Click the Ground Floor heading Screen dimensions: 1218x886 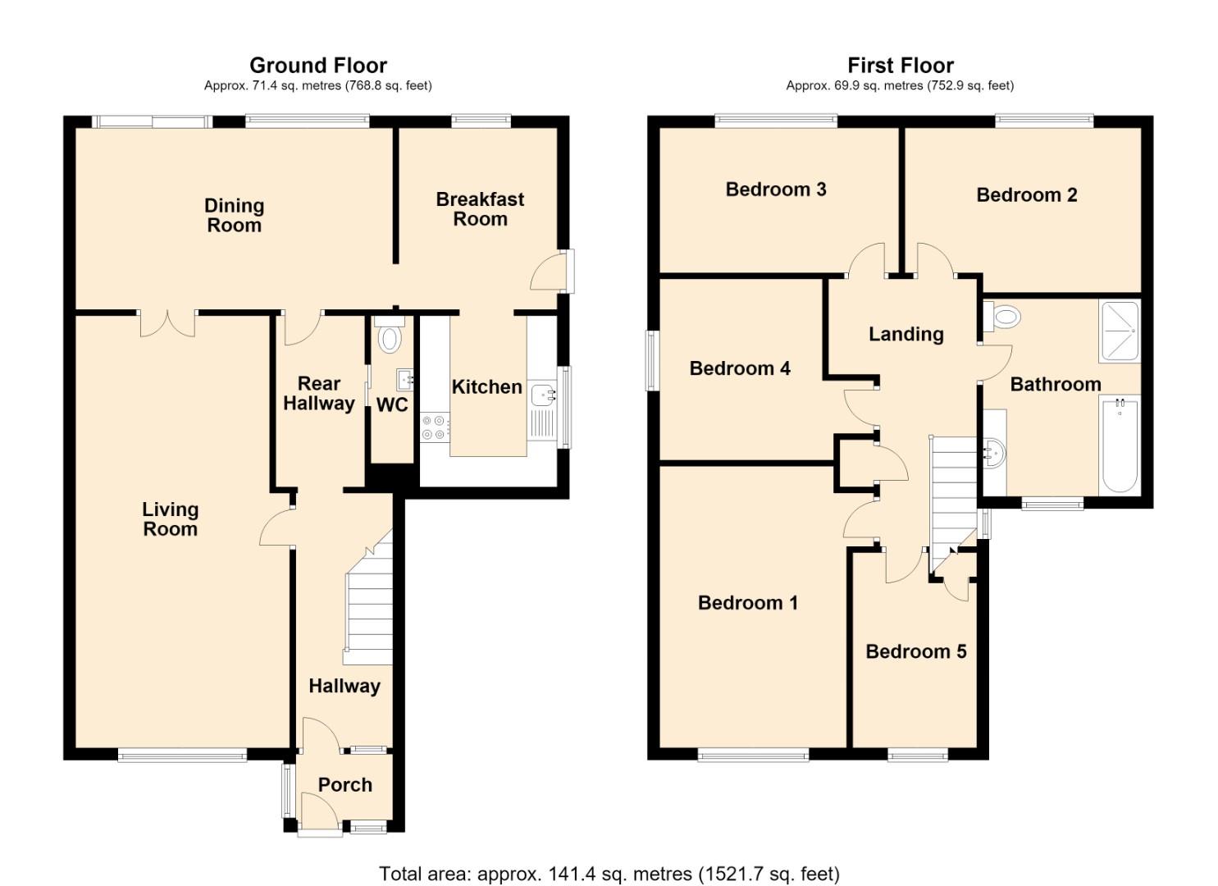click(318, 66)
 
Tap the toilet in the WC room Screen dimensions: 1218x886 click(390, 334)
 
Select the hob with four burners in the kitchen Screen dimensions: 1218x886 click(435, 427)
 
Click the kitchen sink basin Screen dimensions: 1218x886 click(542, 393)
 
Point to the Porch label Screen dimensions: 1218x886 click(344, 785)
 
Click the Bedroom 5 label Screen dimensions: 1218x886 click(916, 651)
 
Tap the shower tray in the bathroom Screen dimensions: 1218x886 click(1119, 331)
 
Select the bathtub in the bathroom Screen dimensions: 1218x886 click(1119, 445)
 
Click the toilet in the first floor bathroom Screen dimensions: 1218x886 click(1001, 317)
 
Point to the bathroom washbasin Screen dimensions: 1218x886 click(996, 452)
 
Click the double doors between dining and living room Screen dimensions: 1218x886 click(167, 323)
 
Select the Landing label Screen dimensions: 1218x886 click(906, 335)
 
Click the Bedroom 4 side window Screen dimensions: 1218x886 click(652, 360)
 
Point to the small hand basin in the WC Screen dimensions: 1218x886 click(404, 380)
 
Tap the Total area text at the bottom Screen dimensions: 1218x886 click(609, 859)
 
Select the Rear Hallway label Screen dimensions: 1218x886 click(319, 393)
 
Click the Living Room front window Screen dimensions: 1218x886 click(182, 755)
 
